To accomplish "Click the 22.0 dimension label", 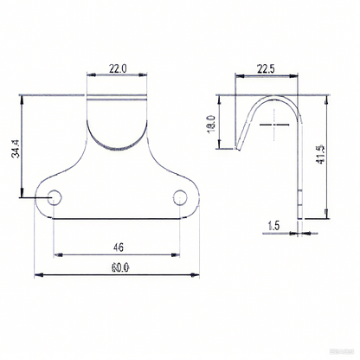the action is pyautogui.click(x=118, y=68).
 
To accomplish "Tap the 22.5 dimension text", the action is pyautogui.click(x=266, y=69).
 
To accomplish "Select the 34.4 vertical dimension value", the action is pyautogui.click(x=16, y=149).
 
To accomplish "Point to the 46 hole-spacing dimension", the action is pyautogui.click(x=119, y=247).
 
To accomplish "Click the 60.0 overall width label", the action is pyautogui.click(x=120, y=268).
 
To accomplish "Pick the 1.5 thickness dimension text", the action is pyautogui.click(x=273, y=226).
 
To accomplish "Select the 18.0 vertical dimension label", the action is pyautogui.click(x=212, y=124).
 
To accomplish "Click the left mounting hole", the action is pyautogui.click(x=55, y=197).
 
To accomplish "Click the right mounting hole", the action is pyautogui.click(x=180, y=197).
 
